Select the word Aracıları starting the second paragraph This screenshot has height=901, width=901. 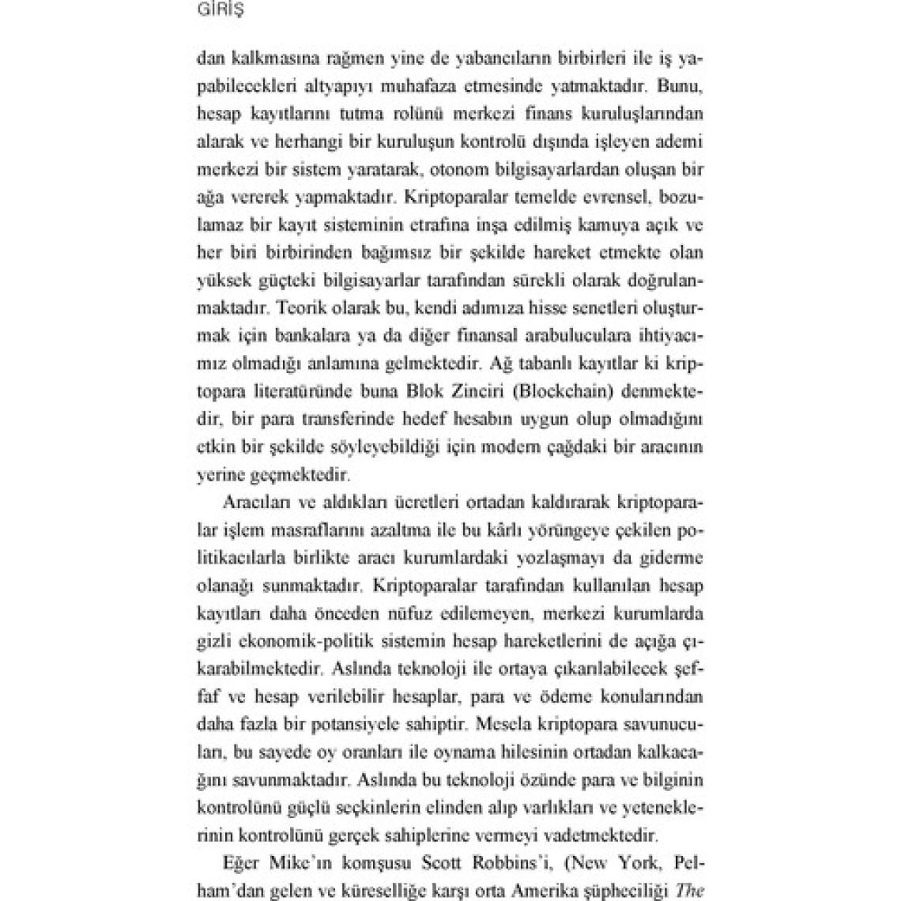(x=251, y=502)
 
